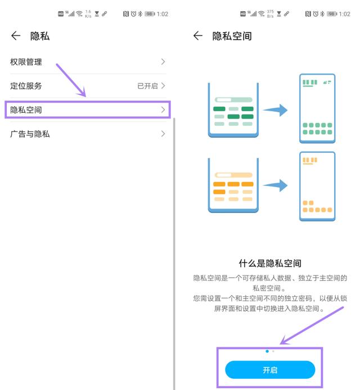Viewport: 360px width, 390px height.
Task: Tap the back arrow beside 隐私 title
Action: [x=16, y=37]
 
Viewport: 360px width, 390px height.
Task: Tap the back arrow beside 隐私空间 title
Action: [x=197, y=36]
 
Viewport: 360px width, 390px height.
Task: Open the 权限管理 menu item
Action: [x=26, y=62]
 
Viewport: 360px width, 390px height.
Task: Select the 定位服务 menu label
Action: [x=26, y=86]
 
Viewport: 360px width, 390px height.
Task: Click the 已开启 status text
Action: [x=148, y=86]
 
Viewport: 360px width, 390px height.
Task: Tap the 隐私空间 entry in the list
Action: [x=26, y=110]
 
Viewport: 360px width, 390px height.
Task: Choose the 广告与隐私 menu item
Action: [x=30, y=134]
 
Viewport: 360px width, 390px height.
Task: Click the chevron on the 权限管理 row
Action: [x=163, y=62]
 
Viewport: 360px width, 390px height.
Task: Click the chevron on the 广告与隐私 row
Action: [x=163, y=134]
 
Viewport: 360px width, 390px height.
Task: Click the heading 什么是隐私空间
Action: [x=270, y=263]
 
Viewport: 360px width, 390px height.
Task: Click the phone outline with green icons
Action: [x=317, y=108]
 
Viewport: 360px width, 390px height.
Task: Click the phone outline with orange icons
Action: [x=317, y=185]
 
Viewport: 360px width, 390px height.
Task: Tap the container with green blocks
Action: [x=233, y=110]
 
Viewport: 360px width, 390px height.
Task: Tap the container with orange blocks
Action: [x=233, y=185]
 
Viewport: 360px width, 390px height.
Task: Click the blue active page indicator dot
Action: [x=267, y=351]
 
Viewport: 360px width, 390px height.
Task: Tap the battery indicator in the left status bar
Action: [x=149, y=13]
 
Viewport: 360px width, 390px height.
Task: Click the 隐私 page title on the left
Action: [x=40, y=37]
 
